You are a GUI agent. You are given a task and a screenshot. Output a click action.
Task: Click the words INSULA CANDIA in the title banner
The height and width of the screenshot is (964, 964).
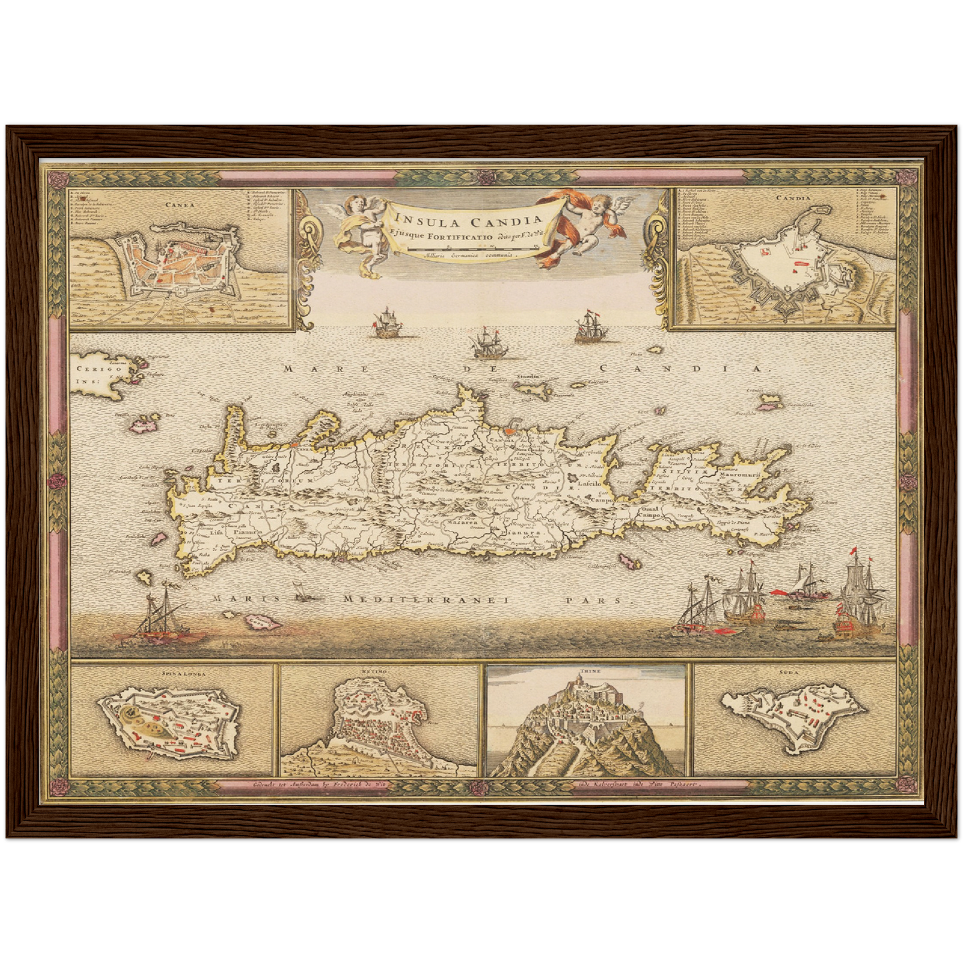[468, 219]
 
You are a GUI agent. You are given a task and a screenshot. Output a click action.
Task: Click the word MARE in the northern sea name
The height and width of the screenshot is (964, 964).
[303, 368]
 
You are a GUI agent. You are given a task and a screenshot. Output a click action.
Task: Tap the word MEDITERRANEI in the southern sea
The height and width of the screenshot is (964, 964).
[425, 600]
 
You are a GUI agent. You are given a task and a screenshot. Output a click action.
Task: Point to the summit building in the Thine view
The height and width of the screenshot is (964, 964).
[584, 683]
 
